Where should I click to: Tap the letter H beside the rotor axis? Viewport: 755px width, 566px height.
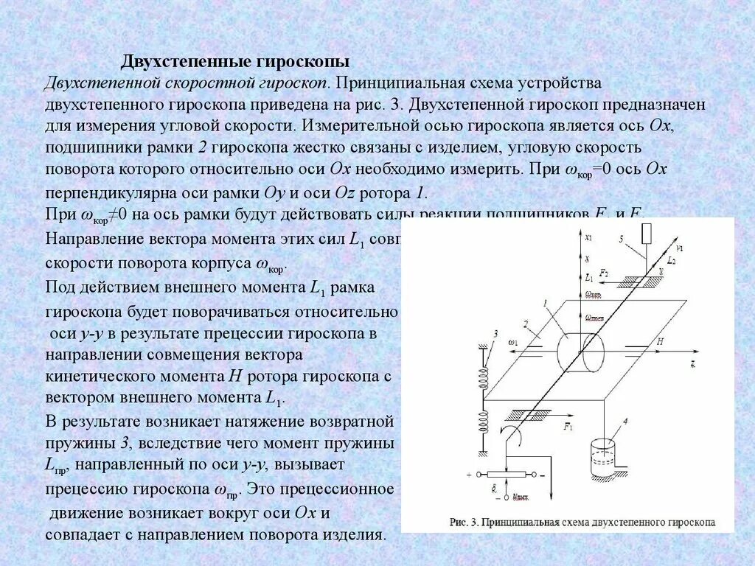coord(661,341)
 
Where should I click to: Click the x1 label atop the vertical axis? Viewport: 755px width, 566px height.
coord(588,237)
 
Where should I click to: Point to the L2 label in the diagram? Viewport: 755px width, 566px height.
coord(670,260)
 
